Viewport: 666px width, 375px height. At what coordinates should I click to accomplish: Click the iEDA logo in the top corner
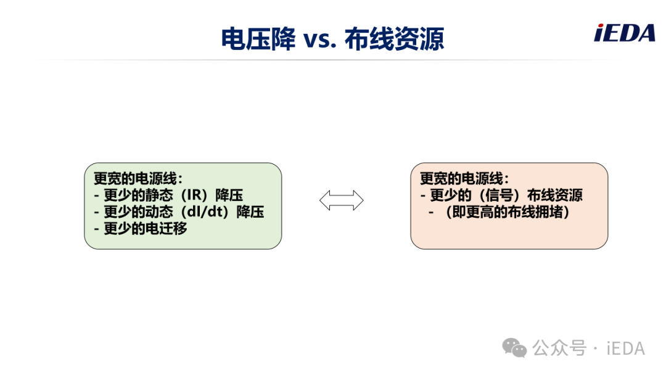tap(624, 33)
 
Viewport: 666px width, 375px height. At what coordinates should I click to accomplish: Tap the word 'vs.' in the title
tap(319, 39)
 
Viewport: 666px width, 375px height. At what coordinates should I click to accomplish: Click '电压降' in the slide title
tap(258, 39)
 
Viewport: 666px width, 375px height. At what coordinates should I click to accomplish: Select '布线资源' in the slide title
tap(394, 39)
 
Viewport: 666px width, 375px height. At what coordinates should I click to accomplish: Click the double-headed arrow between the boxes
tap(342, 200)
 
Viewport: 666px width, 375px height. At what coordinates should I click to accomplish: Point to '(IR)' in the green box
tap(194, 195)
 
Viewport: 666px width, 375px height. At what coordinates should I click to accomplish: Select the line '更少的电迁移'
tap(146, 228)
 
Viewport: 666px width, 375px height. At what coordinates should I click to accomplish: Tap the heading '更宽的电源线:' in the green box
tap(138, 178)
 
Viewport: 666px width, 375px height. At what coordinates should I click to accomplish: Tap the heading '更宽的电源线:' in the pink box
tap(464, 178)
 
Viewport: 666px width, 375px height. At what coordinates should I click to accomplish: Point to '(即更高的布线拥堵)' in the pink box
tap(507, 212)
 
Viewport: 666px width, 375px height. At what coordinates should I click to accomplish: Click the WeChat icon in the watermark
tap(514, 348)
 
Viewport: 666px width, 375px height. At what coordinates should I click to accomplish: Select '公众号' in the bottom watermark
tap(559, 348)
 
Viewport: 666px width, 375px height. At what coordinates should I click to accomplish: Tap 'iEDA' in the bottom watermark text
tap(626, 348)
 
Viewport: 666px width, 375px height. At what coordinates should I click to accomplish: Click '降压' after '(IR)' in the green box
tap(229, 195)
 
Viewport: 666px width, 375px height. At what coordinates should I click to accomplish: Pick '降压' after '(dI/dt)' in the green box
tap(250, 212)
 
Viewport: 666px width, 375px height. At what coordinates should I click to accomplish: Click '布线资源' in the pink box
tap(555, 195)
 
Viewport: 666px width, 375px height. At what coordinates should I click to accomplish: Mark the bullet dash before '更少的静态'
tap(96, 196)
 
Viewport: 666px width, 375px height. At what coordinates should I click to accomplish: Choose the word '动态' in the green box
tap(159, 212)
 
